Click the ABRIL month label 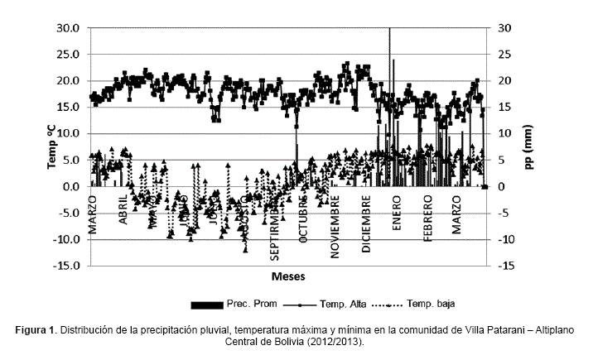click(123, 212)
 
